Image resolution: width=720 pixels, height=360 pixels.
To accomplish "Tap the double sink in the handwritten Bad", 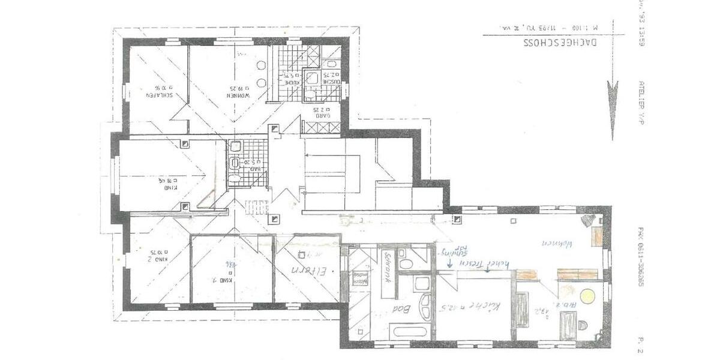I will tap(424, 305).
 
